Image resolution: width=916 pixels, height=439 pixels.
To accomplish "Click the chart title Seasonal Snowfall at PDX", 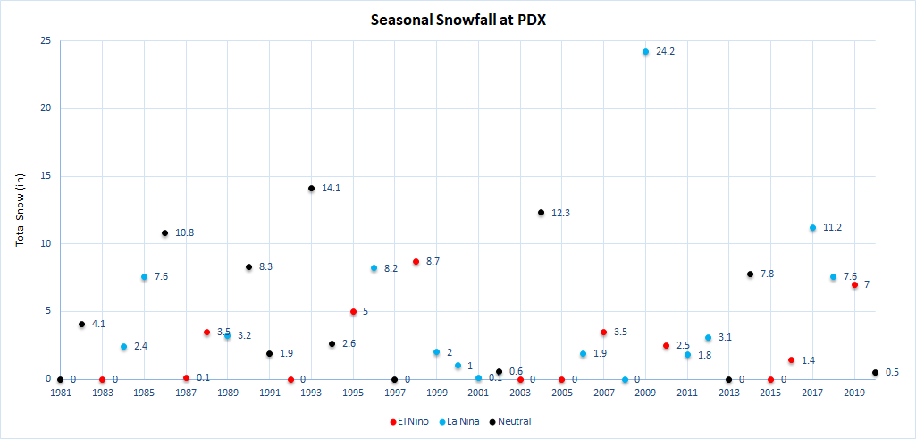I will tap(458, 19).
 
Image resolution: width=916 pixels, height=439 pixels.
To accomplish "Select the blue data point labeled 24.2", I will tap(645, 52).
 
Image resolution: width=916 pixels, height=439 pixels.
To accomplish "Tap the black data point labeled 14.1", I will tap(311, 189).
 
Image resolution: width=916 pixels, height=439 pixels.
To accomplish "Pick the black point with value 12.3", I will tap(541, 213).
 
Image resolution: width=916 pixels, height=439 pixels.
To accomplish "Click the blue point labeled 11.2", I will tap(812, 228).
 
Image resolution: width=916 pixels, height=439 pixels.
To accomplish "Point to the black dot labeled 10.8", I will tap(164, 233).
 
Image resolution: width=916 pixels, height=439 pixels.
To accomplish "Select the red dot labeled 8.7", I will tap(416, 262).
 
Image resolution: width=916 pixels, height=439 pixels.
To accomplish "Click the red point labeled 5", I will tap(353, 312).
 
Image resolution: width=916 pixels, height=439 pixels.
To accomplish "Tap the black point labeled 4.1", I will tap(81, 325).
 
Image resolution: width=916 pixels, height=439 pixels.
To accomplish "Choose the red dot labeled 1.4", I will tap(791, 360).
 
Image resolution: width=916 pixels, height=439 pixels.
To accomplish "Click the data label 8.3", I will tap(266, 267).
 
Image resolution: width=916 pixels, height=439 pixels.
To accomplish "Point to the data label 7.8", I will tap(767, 274).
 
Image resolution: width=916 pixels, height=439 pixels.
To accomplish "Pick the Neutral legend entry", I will tap(512, 421).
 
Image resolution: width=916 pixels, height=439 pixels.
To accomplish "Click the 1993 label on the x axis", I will tap(311, 393).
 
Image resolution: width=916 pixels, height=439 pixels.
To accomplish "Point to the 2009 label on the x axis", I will tap(645, 393).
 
